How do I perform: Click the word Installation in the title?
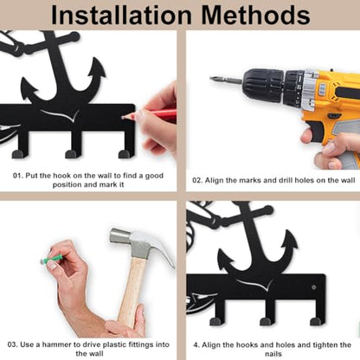point(121,15)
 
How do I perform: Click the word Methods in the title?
point(256,15)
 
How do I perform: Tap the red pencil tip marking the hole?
point(124,118)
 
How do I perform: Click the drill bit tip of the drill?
point(212,78)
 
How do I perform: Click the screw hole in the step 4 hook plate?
point(314,287)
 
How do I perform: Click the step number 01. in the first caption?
point(17,176)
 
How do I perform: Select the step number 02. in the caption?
point(197,181)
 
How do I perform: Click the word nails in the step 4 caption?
point(273,354)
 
